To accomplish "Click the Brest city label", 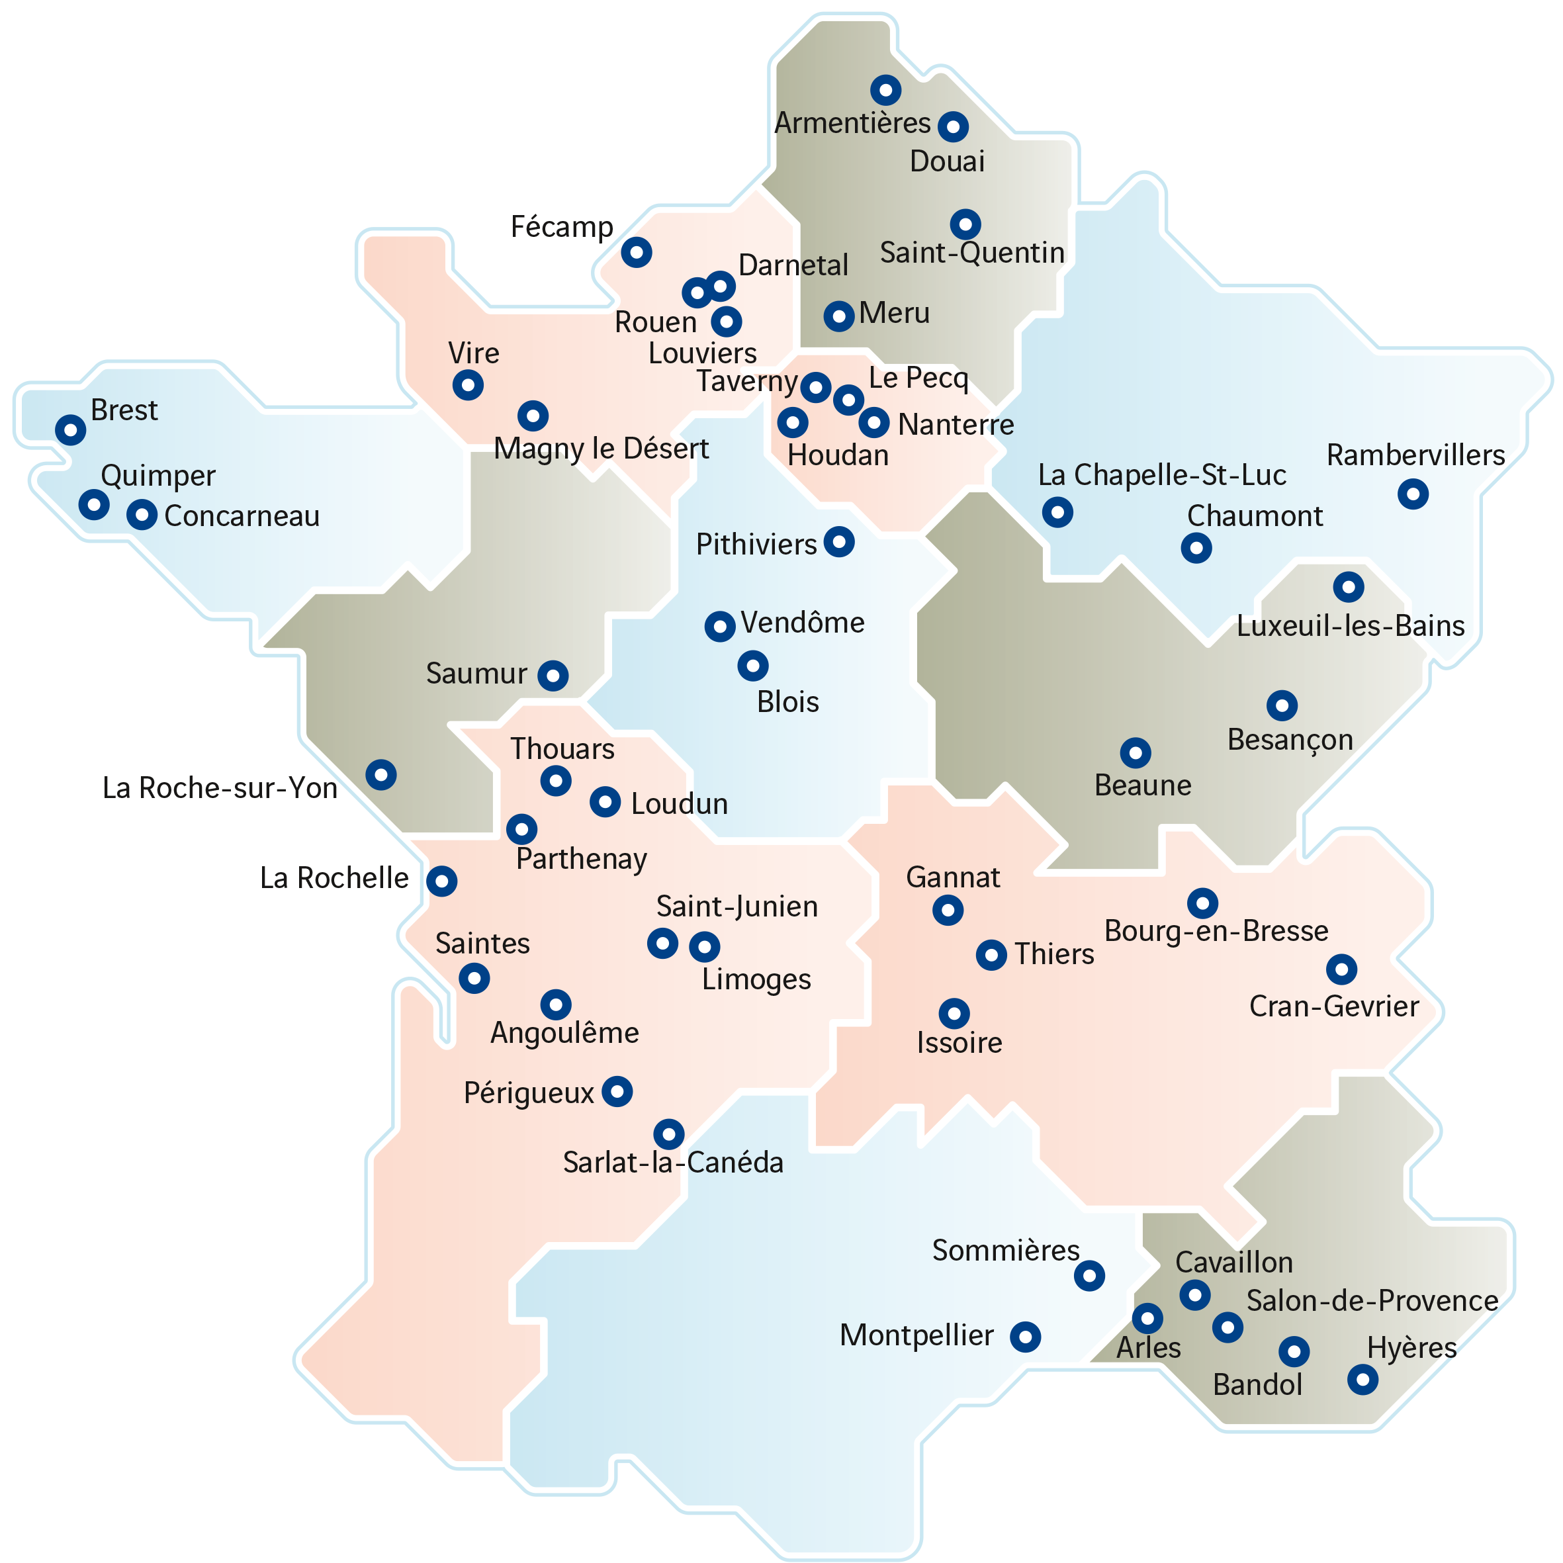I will click(124, 410).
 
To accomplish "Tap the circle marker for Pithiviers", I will click(839, 542).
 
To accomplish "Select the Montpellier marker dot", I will click(1025, 1337).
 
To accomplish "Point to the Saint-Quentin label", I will click(971, 253).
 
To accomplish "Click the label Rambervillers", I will click(1415, 455).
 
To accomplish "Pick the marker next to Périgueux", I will click(617, 1091).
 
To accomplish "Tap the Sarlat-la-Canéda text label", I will click(673, 1163).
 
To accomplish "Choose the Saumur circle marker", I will click(553, 675).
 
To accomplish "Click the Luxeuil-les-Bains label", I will click(1350, 626).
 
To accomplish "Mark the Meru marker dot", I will click(839, 316).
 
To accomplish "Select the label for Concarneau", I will click(242, 516).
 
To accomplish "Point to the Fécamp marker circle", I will click(637, 252).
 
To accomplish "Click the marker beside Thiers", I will click(991, 955).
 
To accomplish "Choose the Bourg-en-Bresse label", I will click(1216, 931).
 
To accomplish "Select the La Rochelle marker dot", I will click(442, 880).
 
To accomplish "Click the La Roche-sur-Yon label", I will click(220, 788).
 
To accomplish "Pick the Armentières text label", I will click(853, 123).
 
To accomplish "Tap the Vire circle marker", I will click(468, 384).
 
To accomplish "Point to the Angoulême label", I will click(564, 1033).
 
